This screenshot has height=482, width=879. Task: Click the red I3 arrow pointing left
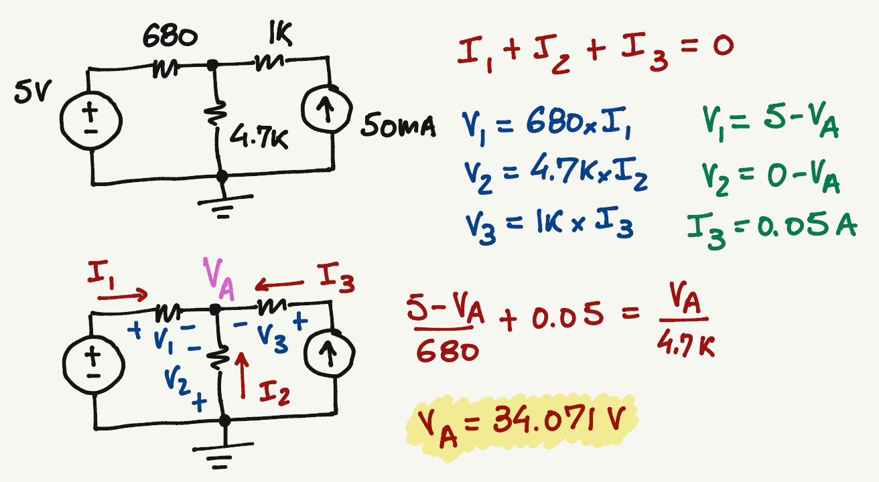click(279, 287)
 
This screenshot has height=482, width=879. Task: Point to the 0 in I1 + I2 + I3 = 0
click(722, 47)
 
